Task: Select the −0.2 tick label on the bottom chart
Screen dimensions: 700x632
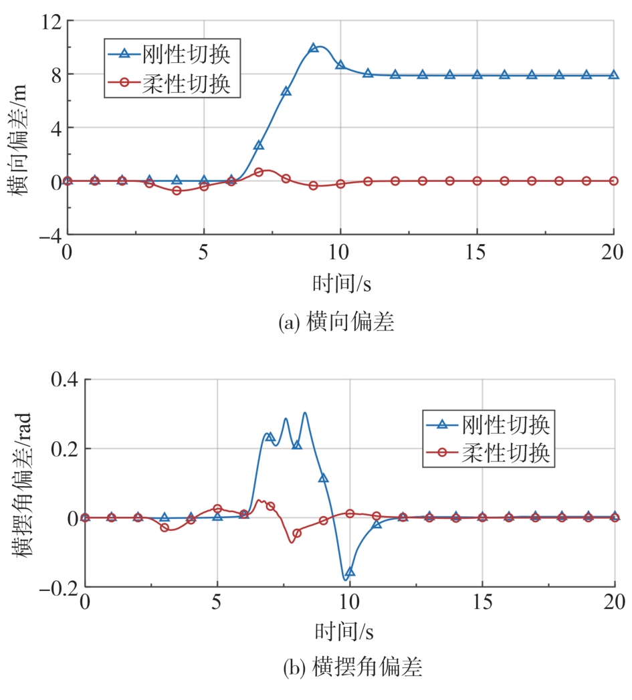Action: tap(58, 587)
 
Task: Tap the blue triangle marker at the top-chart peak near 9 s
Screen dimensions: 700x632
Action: tap(313, 48)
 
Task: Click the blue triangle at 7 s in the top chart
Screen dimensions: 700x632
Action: tap(259, 145)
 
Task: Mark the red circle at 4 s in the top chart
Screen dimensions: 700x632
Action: tap(177, 191)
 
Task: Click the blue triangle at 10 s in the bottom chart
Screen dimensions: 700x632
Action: tap(350, 572)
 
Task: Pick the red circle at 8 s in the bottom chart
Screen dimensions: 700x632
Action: tap(297, 533)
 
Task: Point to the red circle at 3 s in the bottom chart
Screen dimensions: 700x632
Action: tap(165, 528)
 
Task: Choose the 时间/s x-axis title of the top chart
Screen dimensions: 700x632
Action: tap(341, 284)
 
